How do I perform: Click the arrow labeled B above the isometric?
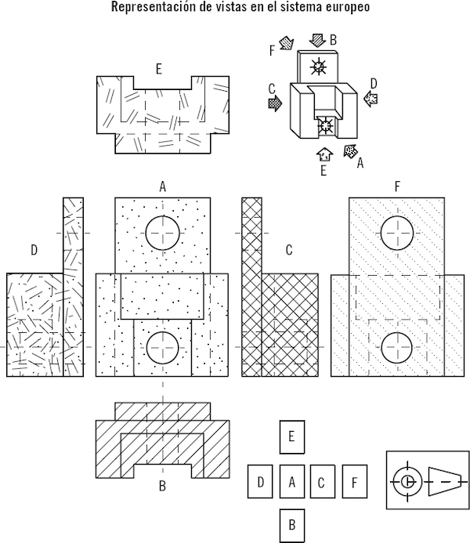tap(317, 40)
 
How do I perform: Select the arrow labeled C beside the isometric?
tap(275, 103)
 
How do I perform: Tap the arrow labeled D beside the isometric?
tap(371, 99)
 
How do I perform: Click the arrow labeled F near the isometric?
tap(287, 42)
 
